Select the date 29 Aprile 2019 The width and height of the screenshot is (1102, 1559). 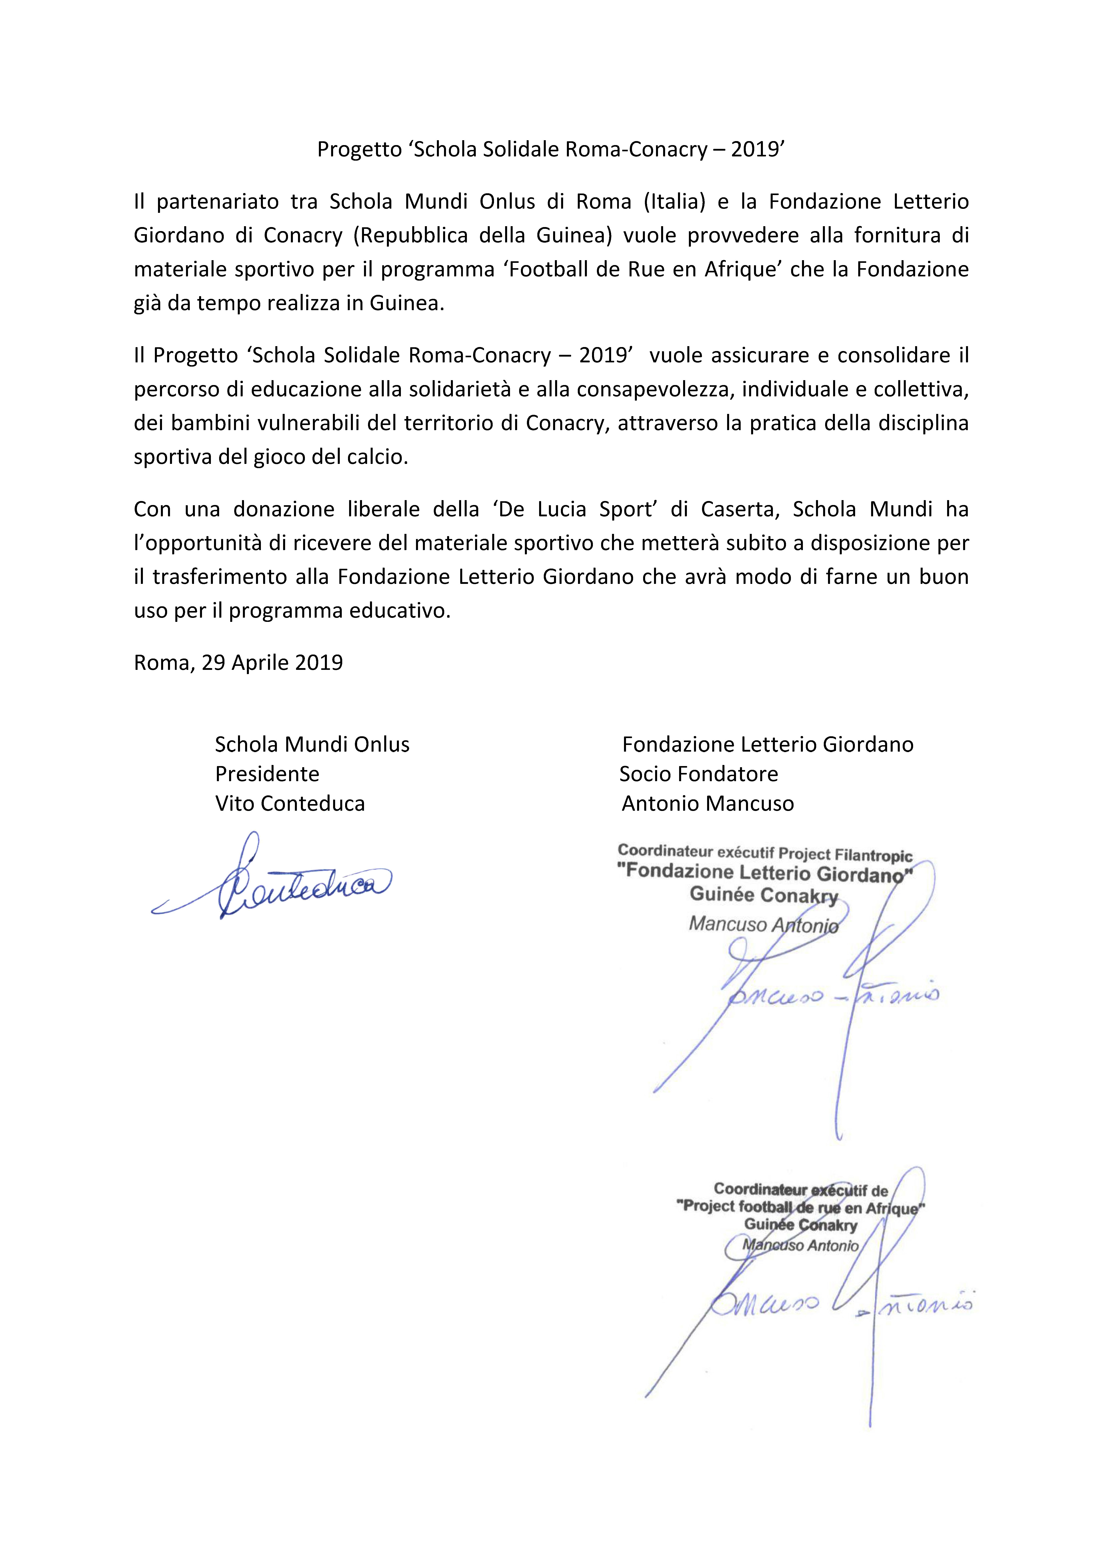click(x=272, y=663)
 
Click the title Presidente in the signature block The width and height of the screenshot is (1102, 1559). click(x=267, y=774)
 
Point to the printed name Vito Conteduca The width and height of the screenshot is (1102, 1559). click(x=290, y=804)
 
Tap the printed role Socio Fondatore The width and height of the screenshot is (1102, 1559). click(x=699, y=774)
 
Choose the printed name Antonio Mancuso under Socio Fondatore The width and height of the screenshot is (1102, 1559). click(x=708, y=804)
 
